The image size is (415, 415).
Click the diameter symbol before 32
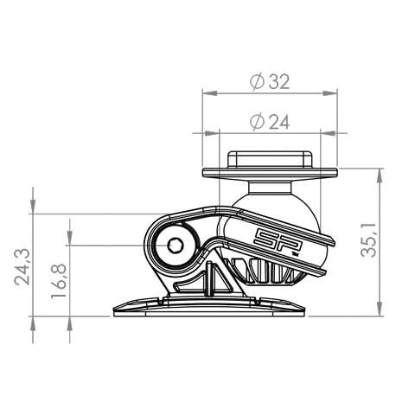256,81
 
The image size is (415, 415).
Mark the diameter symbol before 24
256,123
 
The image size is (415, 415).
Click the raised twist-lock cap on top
268,159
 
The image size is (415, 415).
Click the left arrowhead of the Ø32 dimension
207,91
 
